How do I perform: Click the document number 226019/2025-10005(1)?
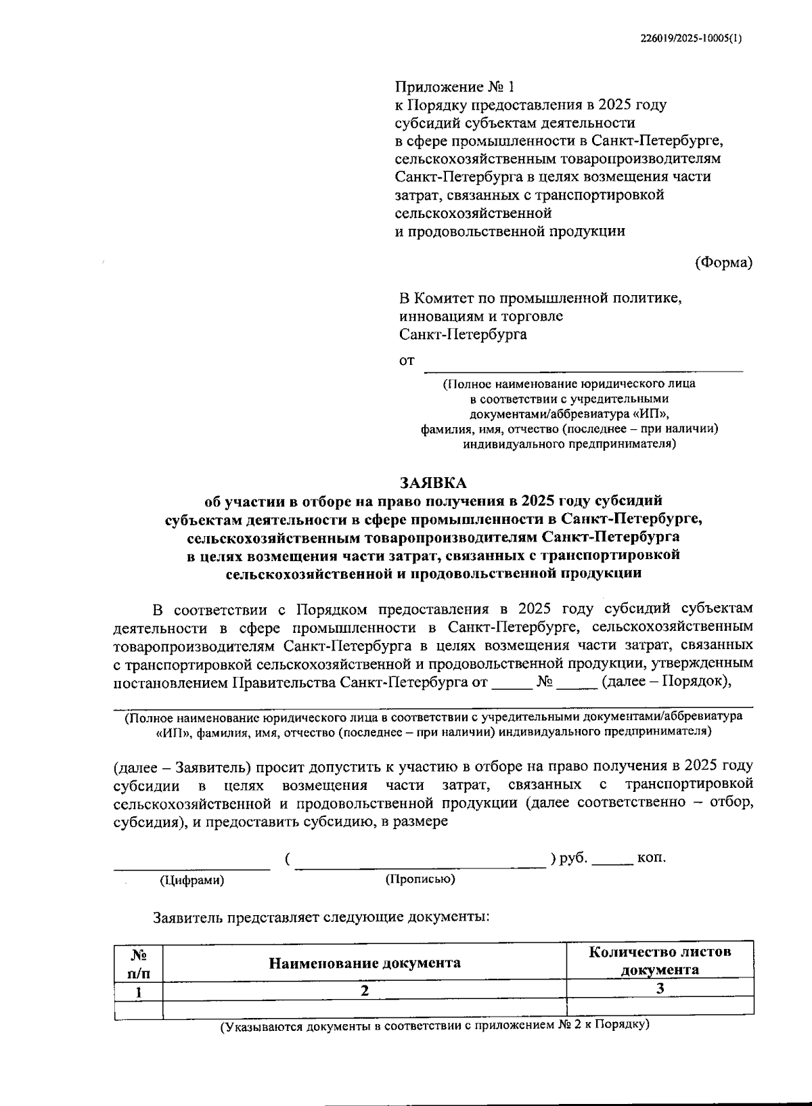tap(691, 39)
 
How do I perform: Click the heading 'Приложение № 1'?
tap(454, 87)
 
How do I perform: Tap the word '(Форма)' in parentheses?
tap(723, 263)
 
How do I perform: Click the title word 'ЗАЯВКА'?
tap(433, 483)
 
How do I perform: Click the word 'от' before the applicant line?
tap(406, 361)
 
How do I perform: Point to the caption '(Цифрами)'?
tap(191, 880)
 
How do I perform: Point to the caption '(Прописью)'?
tap(420, 879)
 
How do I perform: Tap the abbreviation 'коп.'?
tap(652, 858)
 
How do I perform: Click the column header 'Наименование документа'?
tap(365, 963)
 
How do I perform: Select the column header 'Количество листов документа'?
tap(660, 960)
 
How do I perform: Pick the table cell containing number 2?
tap(365, 990)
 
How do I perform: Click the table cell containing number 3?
tap(660, 988)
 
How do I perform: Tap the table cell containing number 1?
tap(139, 992)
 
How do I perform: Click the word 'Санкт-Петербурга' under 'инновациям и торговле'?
tap(463, 334)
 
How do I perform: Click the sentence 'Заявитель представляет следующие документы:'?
tap(321, 918)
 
